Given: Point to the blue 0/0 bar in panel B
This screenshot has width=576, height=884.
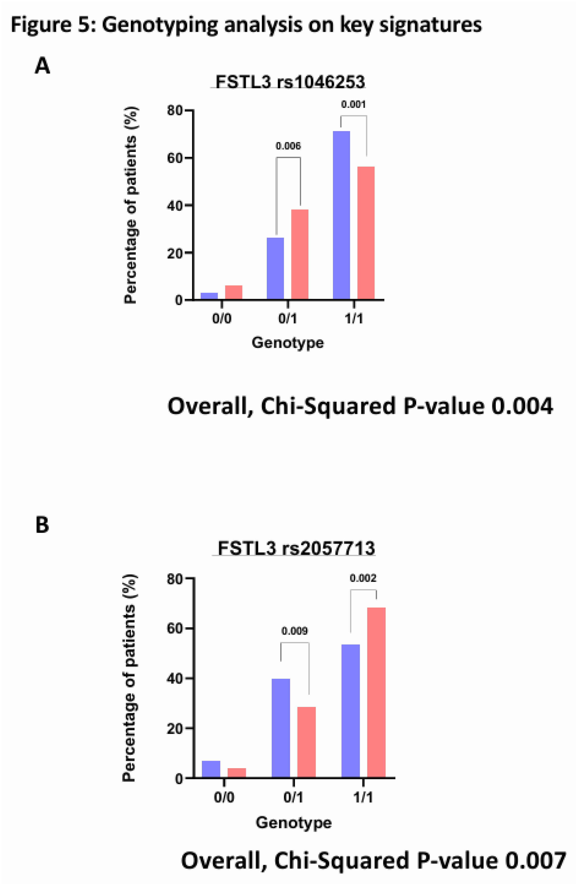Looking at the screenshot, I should (211, 769).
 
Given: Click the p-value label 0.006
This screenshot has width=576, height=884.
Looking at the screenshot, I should (288, 146).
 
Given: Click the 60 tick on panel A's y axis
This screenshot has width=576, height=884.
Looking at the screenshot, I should (174, 158).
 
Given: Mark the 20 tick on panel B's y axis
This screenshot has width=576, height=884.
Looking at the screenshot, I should (174, 729).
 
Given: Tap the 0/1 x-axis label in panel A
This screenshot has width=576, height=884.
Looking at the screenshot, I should (288, 318).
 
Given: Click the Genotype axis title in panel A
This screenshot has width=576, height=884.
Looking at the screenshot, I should (288, 342).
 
